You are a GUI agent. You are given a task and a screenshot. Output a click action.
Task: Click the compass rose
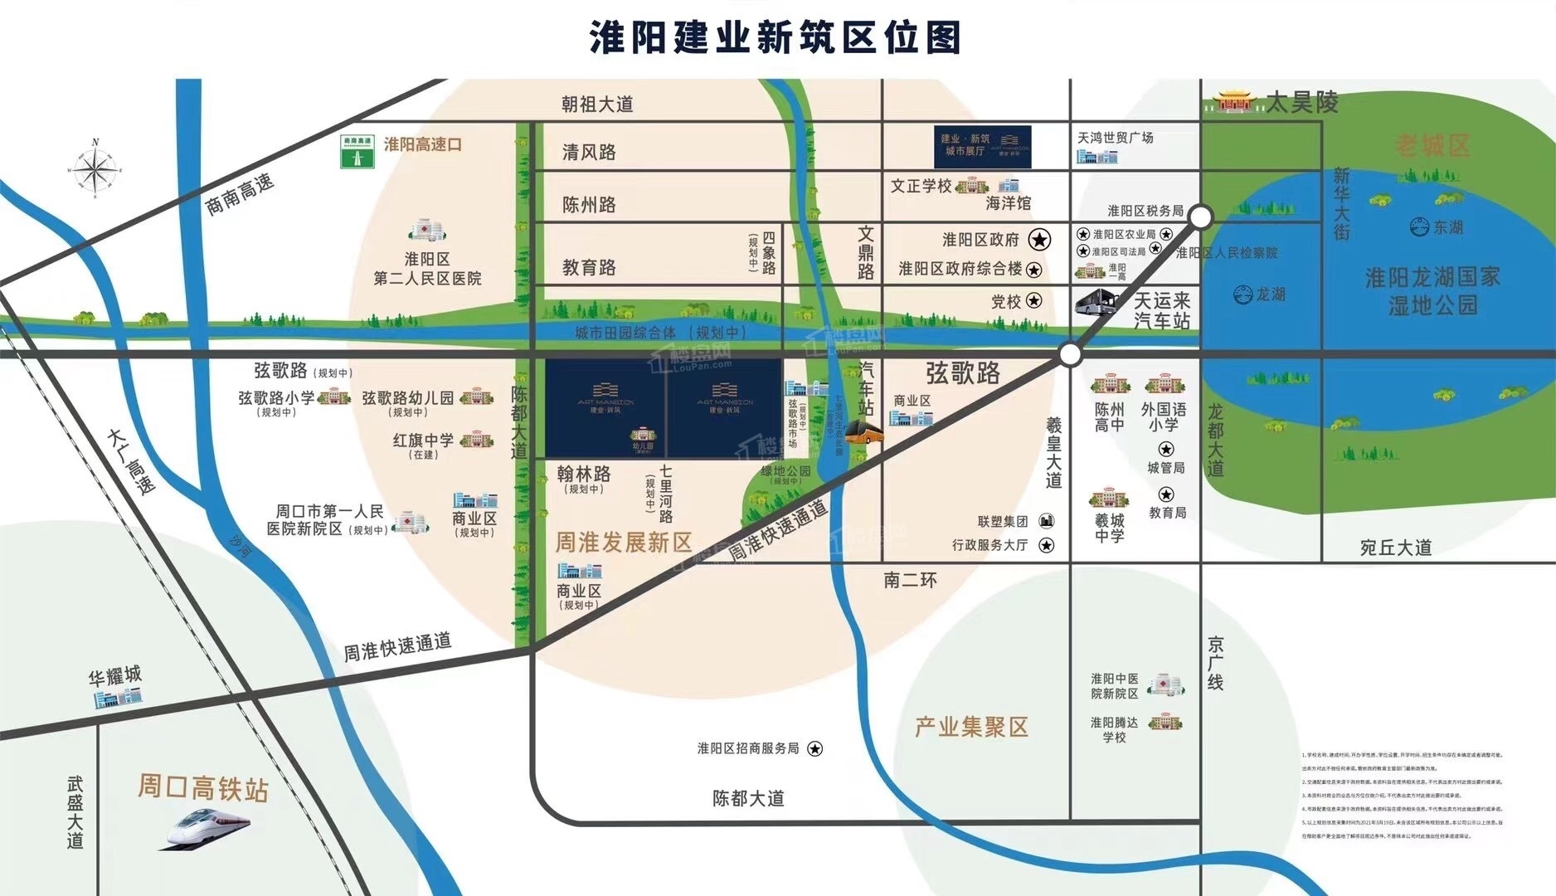click(x=95, y=168)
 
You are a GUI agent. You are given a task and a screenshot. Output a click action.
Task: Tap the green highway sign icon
click(x=357, y=152)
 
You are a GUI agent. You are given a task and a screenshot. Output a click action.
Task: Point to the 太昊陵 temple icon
click(x=1236, y=101)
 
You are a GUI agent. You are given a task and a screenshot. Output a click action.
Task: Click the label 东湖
click(x=1439, y=226)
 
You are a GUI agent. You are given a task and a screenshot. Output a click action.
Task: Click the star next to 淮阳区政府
click(x=1039, y=240)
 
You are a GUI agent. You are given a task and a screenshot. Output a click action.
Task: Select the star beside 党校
click(x=1033, y=300)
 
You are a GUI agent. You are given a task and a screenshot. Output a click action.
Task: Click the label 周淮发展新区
click(x=623, y=543)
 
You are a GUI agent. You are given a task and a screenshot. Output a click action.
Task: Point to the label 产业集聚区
click(x=971, y=727)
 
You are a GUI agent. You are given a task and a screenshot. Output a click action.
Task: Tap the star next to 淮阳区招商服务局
click(x=815, y=748)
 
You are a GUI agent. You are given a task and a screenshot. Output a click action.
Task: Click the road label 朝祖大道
click(x=596, y=104)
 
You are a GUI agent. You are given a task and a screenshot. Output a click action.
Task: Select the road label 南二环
click(x=910, y=580)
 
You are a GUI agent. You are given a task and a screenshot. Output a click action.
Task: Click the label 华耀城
click(x=115, y=675)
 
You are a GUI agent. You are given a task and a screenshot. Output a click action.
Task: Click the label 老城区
click(x=1432, y=145)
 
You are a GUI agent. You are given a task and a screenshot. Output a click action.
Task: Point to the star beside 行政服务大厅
click(x=1047, y=545)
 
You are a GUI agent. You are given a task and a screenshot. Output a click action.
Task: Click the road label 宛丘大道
click(x=1396, y=548)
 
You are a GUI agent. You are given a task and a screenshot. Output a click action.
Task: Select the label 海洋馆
click(x=1008, y=202)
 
